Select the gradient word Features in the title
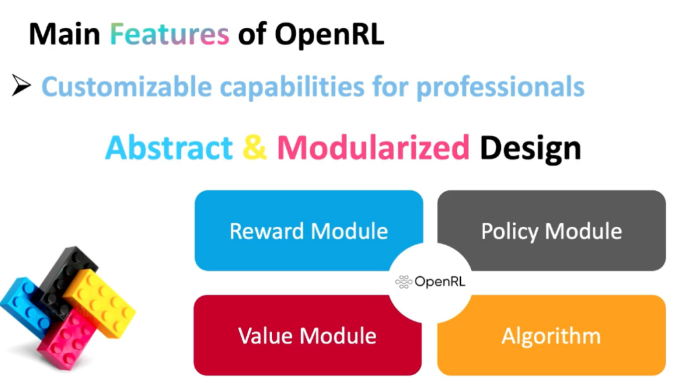pyautogui.click(x=169, y=34)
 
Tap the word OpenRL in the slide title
pyautogui.click(x=330, y=34)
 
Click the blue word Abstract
pyautogui.click(x=169, y=148)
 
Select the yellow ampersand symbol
pyautogui.click(x=255, y=148)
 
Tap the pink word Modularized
pyautogui.click(x=373, y=148)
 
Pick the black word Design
pyautogui.click(x=530, y=148)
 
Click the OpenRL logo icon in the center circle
pyautogui.click(x=403, y=281)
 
